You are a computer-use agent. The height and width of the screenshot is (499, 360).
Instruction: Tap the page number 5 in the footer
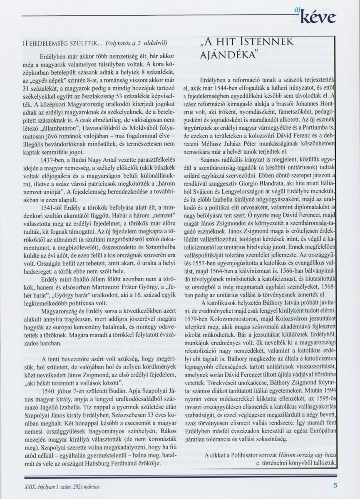335,485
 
